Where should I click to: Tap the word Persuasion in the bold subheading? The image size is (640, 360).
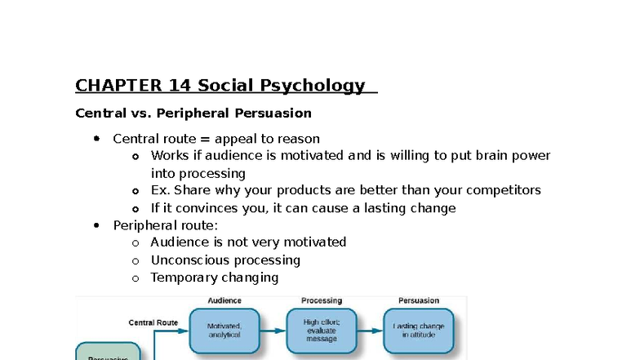(273, 113)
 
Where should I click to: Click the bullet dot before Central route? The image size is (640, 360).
(96, 139)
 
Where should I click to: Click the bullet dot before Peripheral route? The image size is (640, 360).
(96, 225)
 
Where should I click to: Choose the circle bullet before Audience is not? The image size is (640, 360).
(135, 242)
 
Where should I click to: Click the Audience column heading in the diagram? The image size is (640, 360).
(224, 301)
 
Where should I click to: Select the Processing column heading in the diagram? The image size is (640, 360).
(322, 301)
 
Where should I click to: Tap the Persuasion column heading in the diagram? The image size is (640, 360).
(419, 301)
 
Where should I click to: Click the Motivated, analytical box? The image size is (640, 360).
(224, 331)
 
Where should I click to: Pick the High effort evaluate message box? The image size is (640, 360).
(322, 331)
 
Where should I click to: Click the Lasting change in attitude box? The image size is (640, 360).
(419, 331)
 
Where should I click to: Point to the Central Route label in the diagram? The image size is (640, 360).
(153, 322)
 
